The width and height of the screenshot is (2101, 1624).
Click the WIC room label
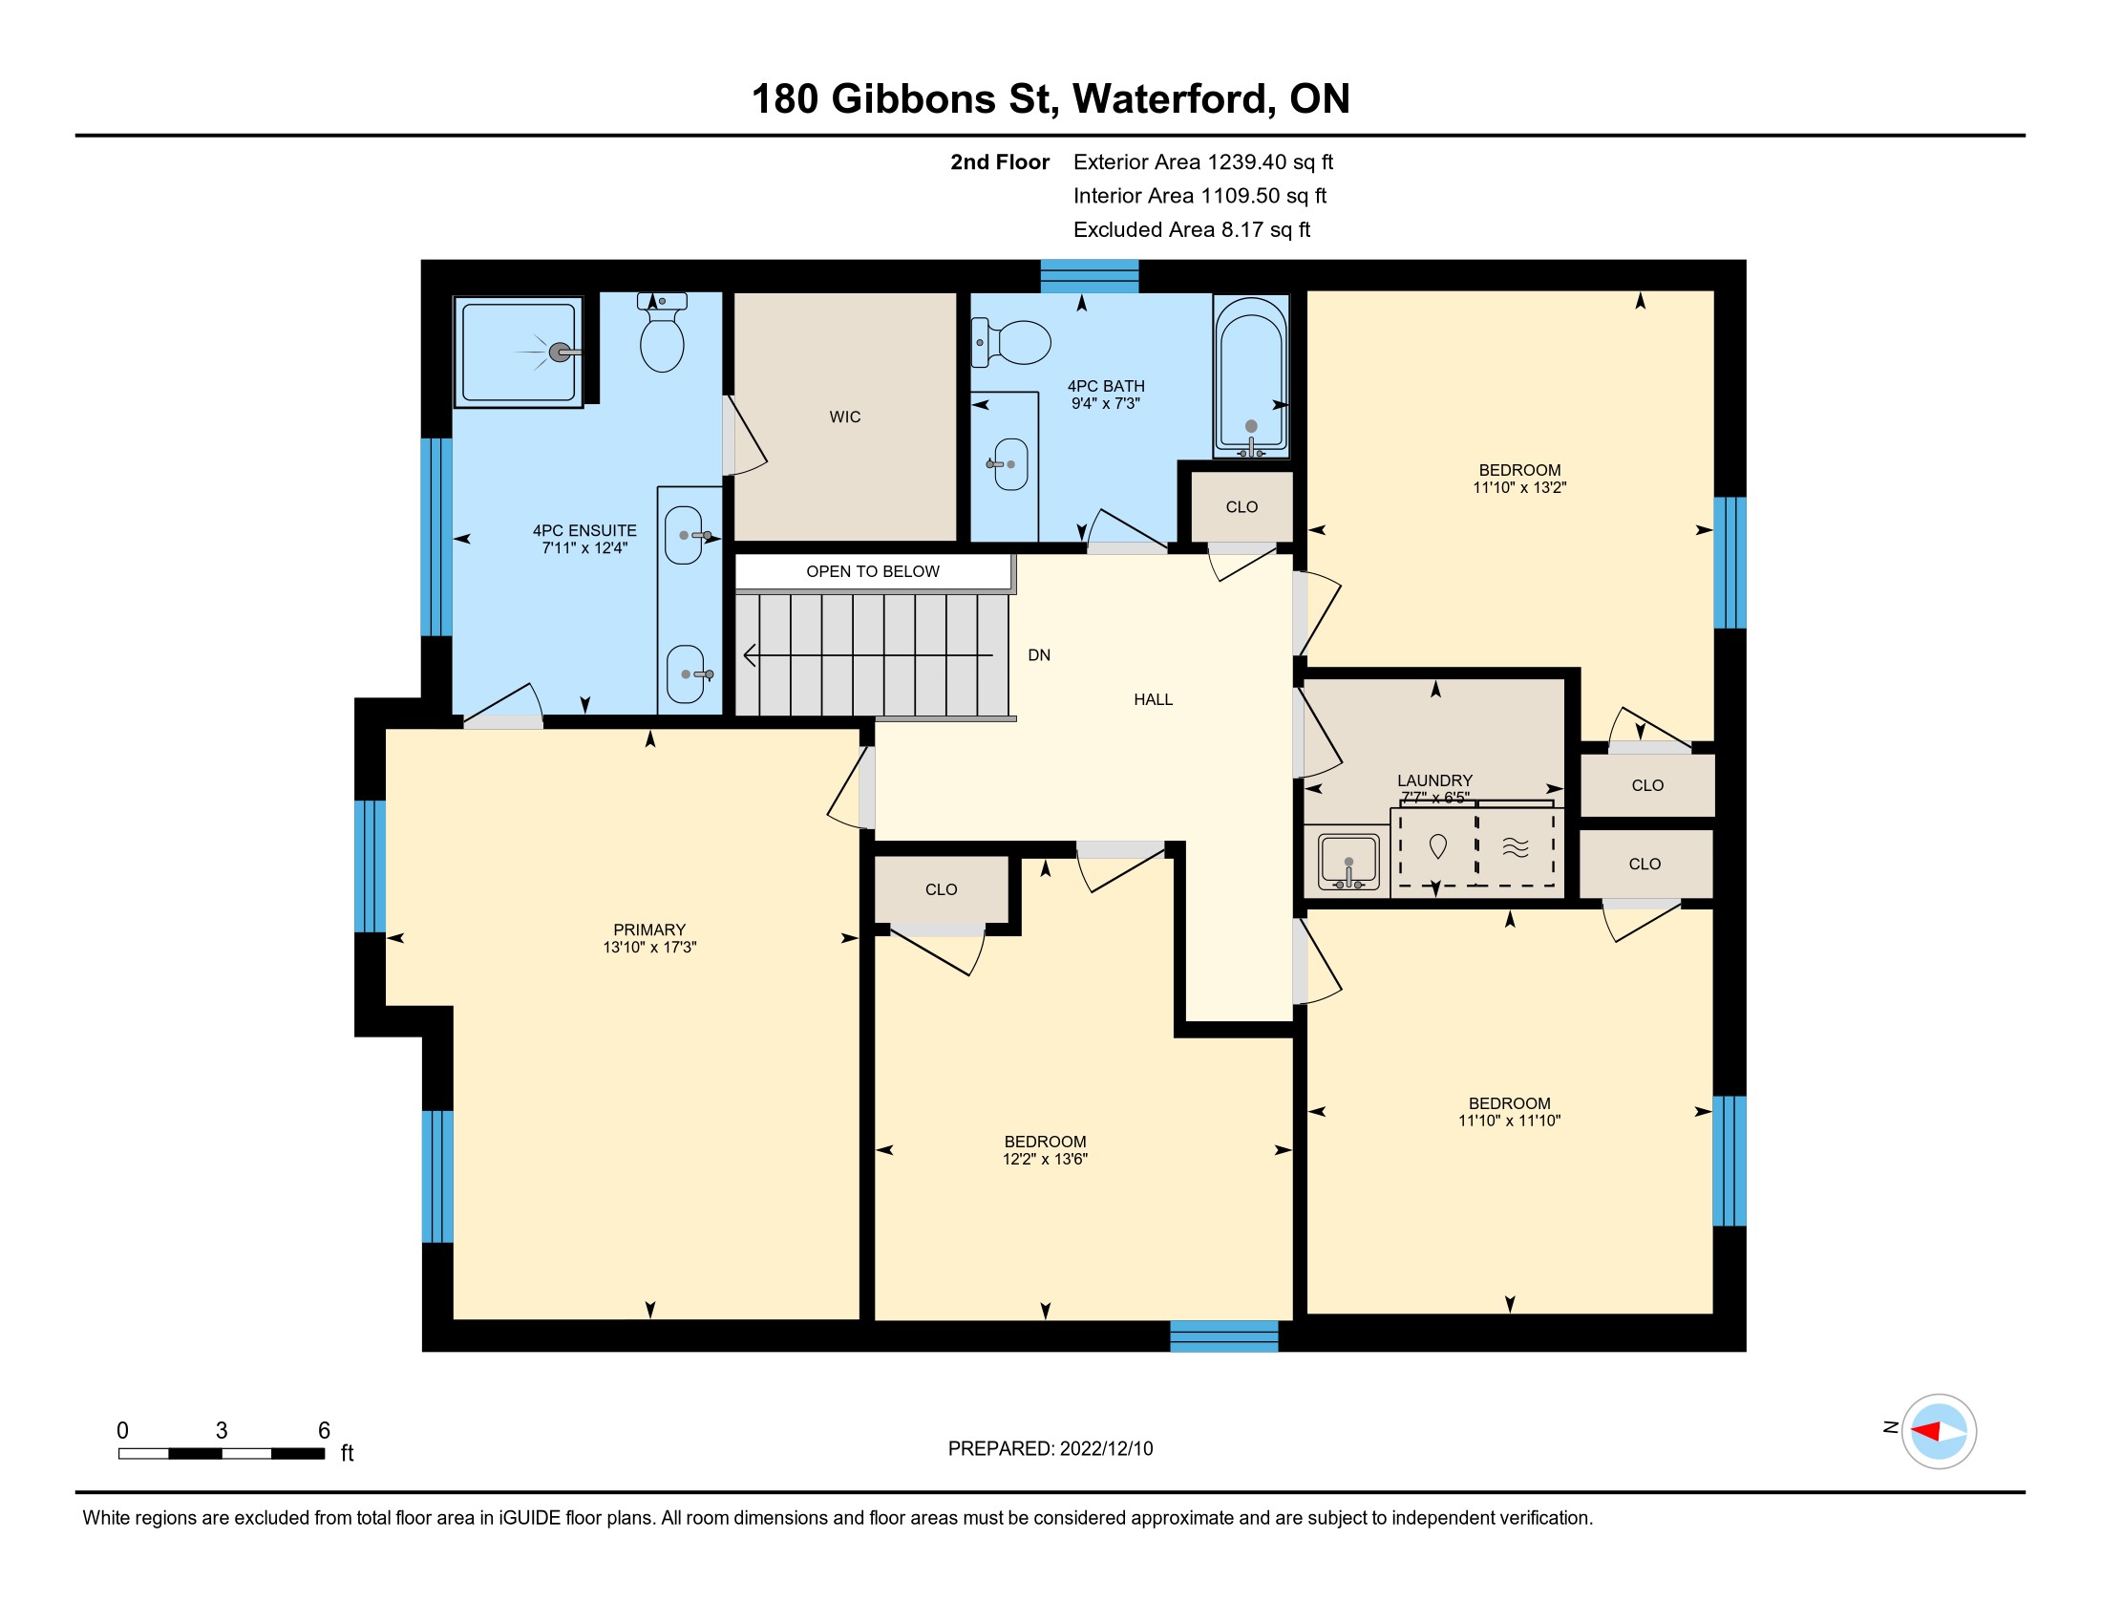tap(844, 417)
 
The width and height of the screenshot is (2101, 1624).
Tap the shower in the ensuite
tap(519, 353)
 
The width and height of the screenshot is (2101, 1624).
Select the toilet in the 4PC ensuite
tap(662, 331)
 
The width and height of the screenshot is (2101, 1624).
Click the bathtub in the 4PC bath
tap(1251, 376)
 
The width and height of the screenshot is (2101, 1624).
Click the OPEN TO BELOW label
tap(873, 571)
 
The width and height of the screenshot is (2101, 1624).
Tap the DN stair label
tap(1039, 655)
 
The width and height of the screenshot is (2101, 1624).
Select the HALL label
tap(1153, 699)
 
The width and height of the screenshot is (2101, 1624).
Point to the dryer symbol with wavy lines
tap(1516, 846)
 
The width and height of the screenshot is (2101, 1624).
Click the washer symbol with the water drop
tap(1438, 846)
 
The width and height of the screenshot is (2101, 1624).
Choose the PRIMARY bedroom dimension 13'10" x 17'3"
tap(649, 948)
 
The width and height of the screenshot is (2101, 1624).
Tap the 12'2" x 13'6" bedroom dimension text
tap(1045, 1160)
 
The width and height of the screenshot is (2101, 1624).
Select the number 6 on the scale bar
tap(324, 1431)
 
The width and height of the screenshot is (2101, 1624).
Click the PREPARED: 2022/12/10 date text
tap(1050, 1449)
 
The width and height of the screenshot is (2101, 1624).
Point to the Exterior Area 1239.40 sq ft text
tap(1202, 162)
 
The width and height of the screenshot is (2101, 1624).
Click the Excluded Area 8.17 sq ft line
tap(1192, 230)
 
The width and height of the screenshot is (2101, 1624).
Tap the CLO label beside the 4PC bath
tap(1241, 507)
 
